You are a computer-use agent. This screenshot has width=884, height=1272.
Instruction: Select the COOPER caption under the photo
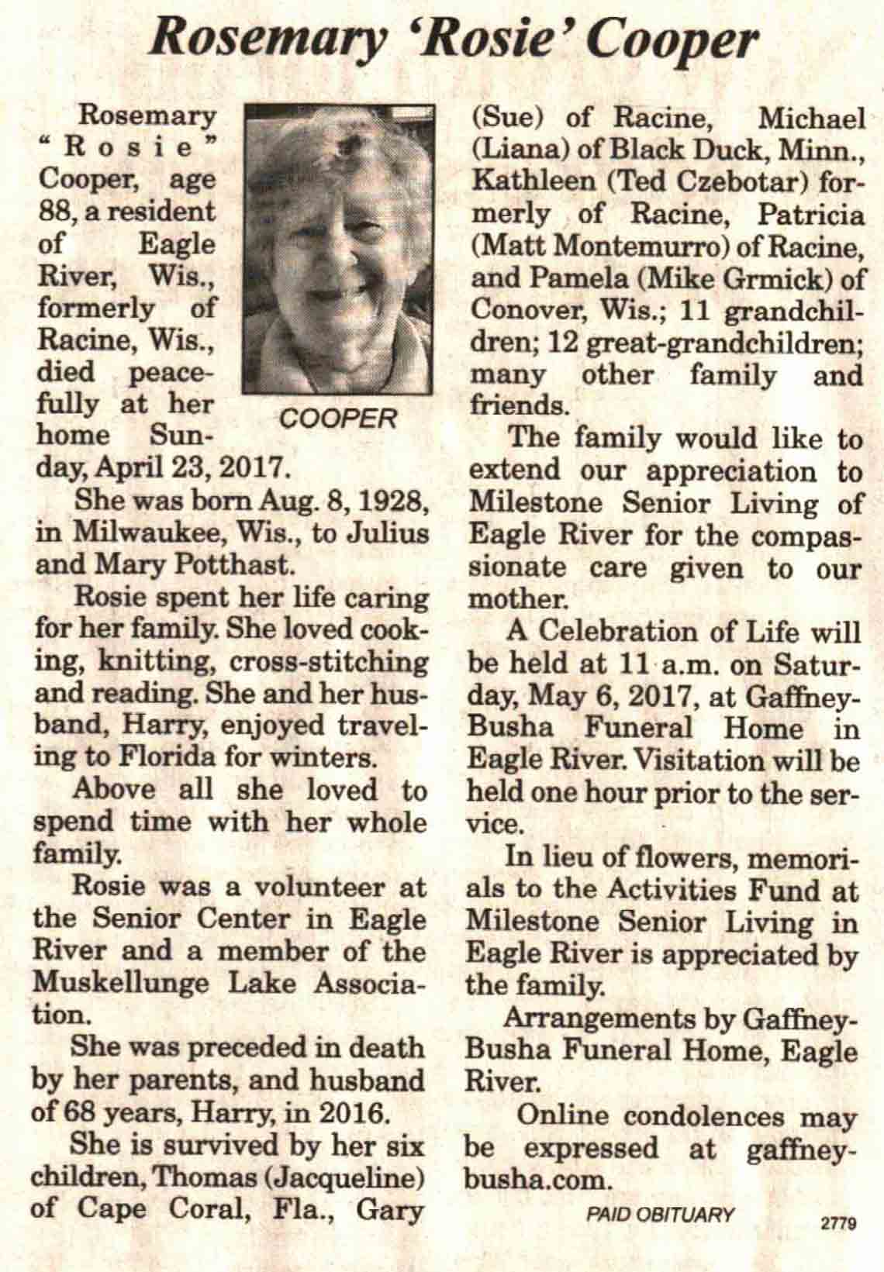[338, 419]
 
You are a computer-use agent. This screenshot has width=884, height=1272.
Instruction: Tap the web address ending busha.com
[534, 1180]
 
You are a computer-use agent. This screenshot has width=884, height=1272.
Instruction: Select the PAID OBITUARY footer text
[660, 1214]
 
